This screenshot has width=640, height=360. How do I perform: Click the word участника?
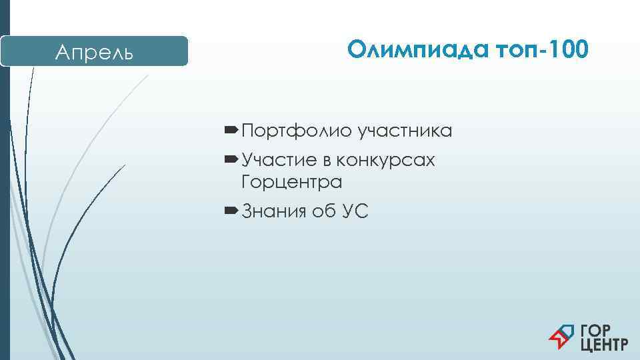[x=405, y=131]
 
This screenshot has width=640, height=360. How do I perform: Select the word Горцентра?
[x=292, y=181]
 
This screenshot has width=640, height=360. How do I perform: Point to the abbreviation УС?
[x=355, y=212]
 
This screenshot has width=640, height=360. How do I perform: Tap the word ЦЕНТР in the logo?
[x=604, y=345]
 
